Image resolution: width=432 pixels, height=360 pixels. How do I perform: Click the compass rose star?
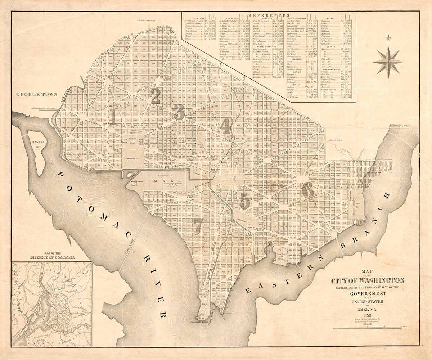pos(388,62)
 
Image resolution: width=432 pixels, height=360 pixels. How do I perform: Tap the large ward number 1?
pos(113,117)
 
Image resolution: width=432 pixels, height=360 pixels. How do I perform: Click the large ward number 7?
pos(197,226)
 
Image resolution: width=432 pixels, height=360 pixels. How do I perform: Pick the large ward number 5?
pos(245,201)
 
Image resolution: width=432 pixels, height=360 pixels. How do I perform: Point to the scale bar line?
pos(367,328)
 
